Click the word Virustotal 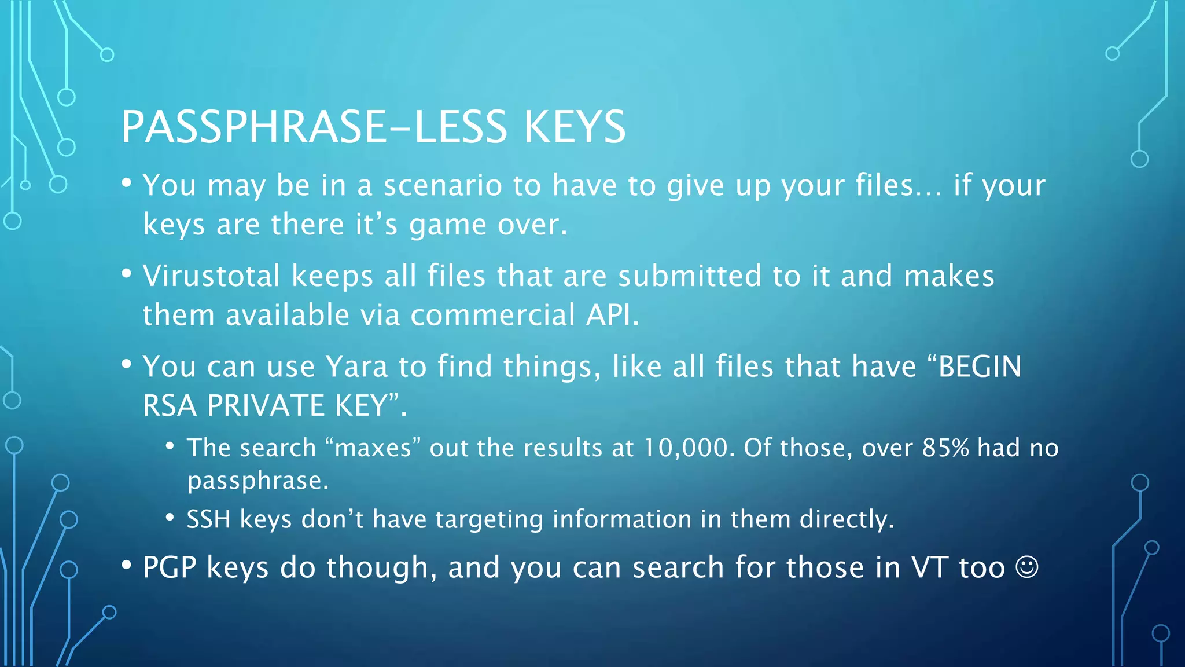pyautogui.click(x=211, y=276)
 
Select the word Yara pyautogui.click(x=356, y=367)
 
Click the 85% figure pyautogui.click(x=945, y=448)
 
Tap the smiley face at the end pyautogui.click(x=1027, y=567)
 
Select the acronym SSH pyautogui.click(x=208, y=519)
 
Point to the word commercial pyautogui.click(x=492, y=315)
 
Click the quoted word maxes pyautogui.click(x=373, y=448)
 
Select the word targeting pyautogui.click(x=489, y=519)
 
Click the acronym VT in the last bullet pyautogui.click(x=929, y=567)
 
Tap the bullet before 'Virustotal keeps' pyautogui.click(x=127, y=273)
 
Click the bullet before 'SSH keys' pyautogui.click(x=170, y=517)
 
